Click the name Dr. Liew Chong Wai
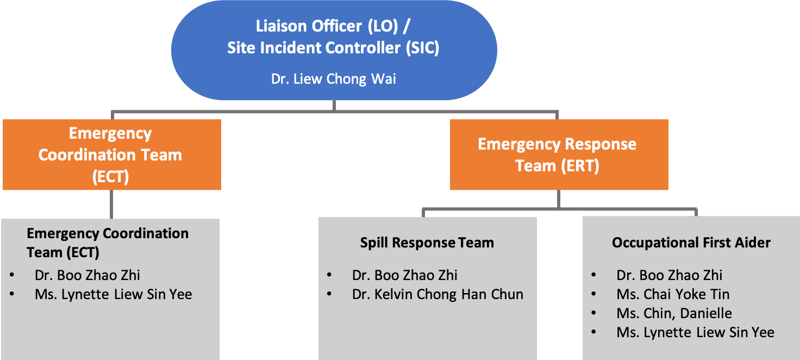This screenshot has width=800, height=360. [x=334, y=79]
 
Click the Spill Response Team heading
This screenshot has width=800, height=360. [x=427, y=243]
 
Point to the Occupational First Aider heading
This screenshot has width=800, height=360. [x=691, y=243]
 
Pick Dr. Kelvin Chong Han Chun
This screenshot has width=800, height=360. [x=437, y=294]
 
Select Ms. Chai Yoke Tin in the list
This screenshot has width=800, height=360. [x=673, y=294]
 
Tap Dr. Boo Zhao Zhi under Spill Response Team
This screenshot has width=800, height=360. [x=404, y=275]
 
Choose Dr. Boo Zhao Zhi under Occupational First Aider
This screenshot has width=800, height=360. [x=669, y=275]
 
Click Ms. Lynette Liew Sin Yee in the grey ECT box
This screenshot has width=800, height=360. [x=113, y=294]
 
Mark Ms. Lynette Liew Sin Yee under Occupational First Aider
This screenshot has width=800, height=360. [x=695, y=332]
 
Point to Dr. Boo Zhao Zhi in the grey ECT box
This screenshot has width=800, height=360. [x=87, y=275]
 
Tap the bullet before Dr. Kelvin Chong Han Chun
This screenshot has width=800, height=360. [x=329, y=295]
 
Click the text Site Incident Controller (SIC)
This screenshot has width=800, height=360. [x=333, y=47]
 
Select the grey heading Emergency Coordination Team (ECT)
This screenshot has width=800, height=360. [x=108, y=243]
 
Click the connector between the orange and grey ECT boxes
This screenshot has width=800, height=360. [x=111, y=204]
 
